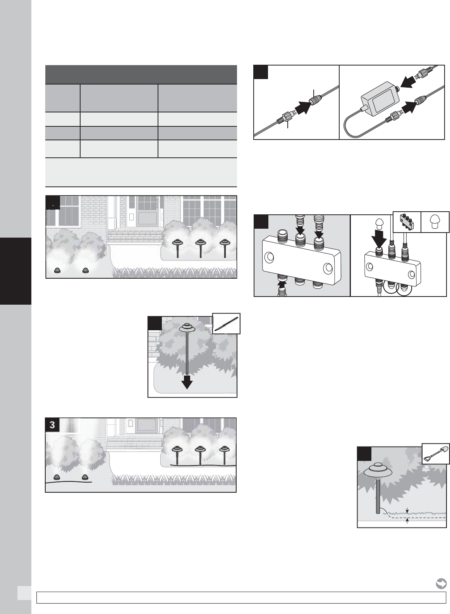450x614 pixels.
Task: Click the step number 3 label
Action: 52,425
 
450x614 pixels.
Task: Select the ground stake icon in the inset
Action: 226,324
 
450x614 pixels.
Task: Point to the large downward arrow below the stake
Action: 187,382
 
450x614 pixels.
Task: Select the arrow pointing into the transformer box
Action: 409,82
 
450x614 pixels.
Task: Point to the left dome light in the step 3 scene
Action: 57,477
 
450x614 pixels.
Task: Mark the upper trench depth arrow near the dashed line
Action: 408,511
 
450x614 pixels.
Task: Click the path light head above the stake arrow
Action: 187,327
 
